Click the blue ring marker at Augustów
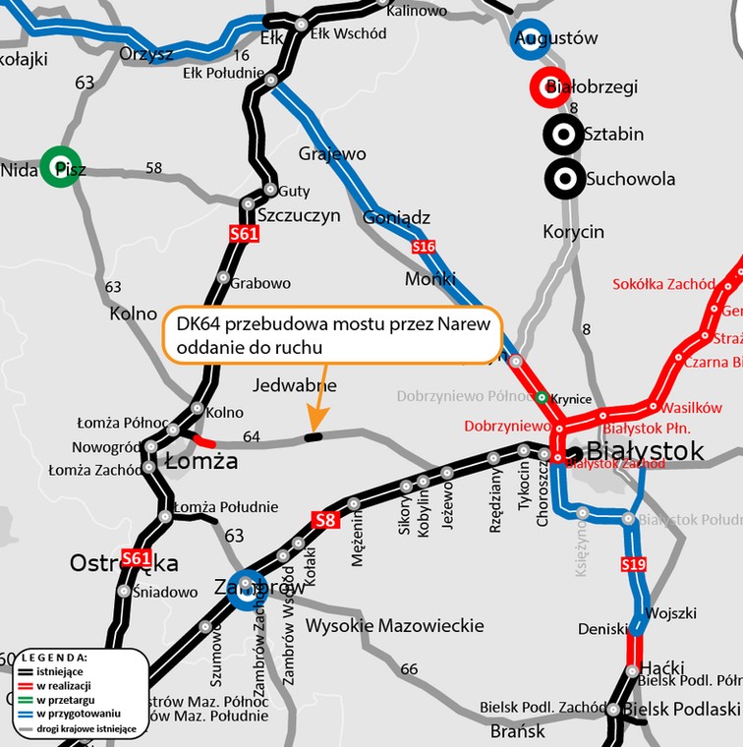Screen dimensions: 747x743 (531, 38)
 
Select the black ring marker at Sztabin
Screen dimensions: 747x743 (563, 133)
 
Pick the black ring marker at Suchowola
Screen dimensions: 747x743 (564, 178)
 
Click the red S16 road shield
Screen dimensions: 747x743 (424, 246)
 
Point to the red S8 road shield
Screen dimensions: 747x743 (325, 519)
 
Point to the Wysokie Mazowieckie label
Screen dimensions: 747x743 (394, 626)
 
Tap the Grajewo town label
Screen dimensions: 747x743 (331, 154)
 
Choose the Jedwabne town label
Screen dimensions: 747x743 (295, 385)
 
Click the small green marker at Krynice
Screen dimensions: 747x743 (542, 397)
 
